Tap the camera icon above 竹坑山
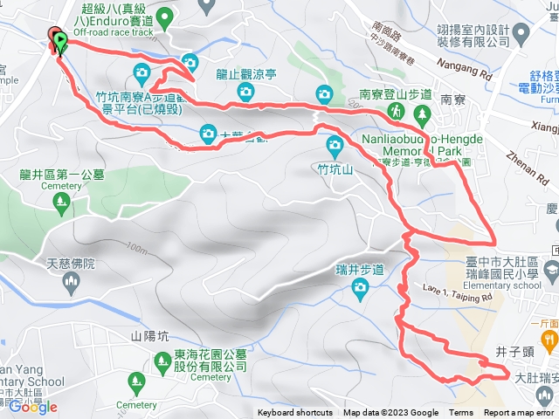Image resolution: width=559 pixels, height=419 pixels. [334, 145]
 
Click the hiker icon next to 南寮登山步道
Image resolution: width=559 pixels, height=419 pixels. [396, 111]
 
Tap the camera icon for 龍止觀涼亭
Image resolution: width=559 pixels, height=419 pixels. [247, 92]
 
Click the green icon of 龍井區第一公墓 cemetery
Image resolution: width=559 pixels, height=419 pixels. [60, 203]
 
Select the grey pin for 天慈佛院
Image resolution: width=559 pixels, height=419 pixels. [72, 257]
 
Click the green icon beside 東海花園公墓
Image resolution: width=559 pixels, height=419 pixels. [161, 334]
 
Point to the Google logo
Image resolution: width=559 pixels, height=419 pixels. [33, 407]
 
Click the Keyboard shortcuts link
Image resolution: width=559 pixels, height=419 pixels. [294, 413]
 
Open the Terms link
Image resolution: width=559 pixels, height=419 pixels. [461, 413]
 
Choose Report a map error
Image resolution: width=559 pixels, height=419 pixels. [521, 413]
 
